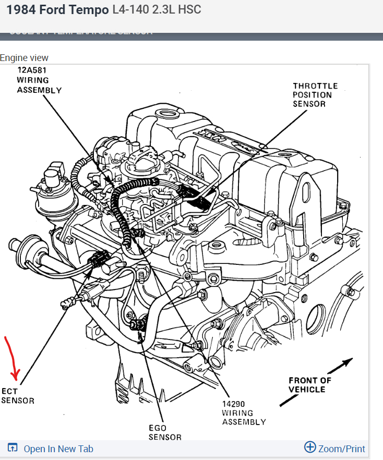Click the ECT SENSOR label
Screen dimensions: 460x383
[17, 396]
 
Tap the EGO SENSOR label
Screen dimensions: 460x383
[165, 432]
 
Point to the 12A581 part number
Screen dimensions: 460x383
[33, 71]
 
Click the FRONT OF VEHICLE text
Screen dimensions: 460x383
[310, 385]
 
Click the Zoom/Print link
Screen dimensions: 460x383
[341, 449]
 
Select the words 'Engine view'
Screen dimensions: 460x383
[24, 58]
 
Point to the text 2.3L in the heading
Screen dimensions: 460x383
[165, 10]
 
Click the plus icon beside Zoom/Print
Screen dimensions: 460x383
[310, 447]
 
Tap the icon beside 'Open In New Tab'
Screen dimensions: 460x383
[13, 448]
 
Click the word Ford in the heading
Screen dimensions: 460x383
[53, 10]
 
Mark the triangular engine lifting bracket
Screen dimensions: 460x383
[307, 198]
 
